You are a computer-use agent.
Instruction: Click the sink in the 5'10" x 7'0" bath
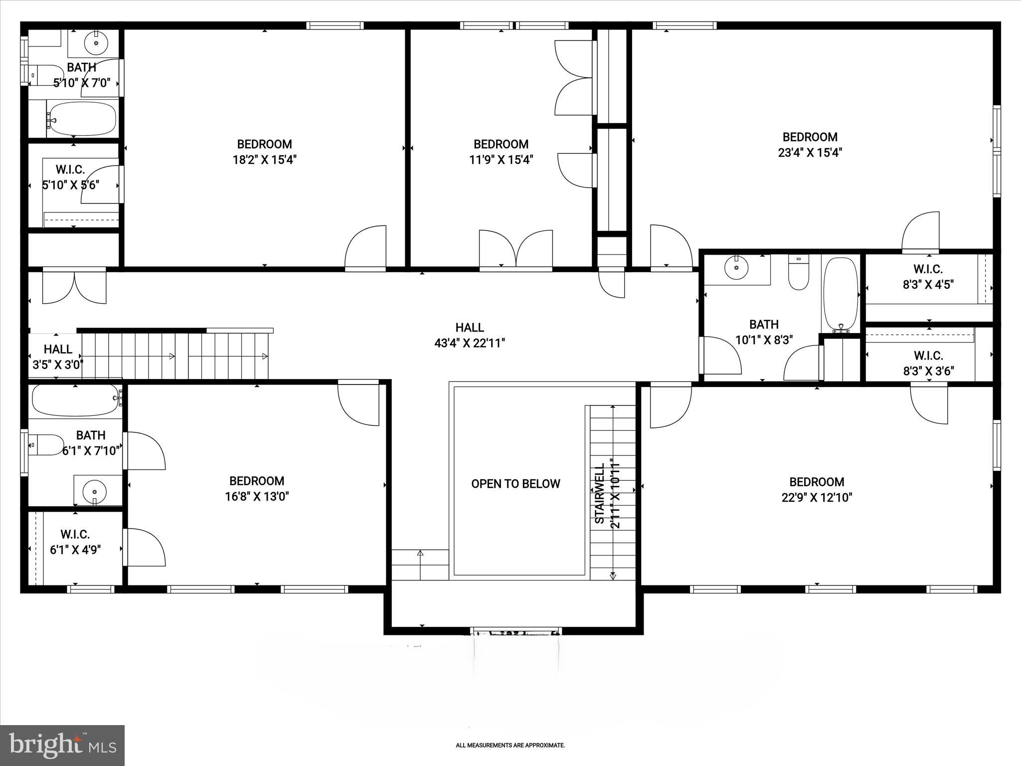coord(96,43)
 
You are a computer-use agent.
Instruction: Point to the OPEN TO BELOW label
coord(515,484)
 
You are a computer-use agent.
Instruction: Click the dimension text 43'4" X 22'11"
coord(470,343)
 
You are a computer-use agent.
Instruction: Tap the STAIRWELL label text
coord(600,493)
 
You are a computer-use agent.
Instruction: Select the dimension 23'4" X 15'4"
coord(810,153)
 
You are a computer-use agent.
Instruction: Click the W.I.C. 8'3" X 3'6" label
coord(928,363)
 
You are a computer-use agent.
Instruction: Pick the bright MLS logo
coord(62,745)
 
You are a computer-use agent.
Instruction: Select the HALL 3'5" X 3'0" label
coord(58,357)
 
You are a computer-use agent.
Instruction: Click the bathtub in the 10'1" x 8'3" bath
coord(841,294)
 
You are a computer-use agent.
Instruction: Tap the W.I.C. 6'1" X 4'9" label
coord(75,542)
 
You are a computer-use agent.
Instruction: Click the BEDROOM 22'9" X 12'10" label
coord(817,489)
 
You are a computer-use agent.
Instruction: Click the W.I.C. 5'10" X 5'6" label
coord(70,178)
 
